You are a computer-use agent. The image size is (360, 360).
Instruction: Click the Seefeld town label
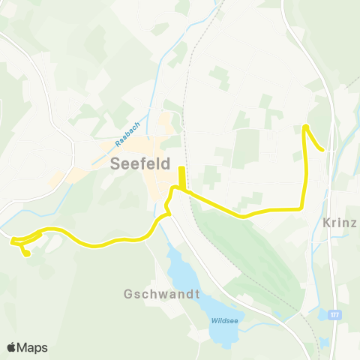140,163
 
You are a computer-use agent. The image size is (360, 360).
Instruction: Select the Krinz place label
340,223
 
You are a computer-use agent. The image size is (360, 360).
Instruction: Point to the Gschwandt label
161,294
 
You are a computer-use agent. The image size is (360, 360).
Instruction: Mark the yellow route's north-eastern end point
323,150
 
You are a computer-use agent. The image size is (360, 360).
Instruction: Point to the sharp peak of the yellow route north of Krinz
304,127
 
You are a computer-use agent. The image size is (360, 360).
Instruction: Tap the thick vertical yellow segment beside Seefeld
182,178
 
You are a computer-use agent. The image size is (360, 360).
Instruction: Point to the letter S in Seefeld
115,163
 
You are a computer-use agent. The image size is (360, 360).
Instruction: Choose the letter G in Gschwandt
129,294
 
